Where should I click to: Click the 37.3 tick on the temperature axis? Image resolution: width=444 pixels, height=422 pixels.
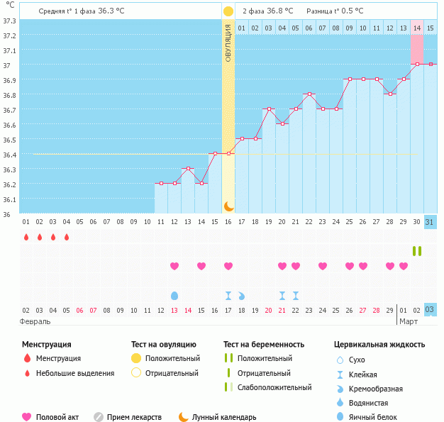coord(9,21)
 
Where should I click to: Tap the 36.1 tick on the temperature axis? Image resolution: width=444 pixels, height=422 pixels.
coord(9,199)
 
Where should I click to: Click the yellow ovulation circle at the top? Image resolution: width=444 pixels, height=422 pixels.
coord(228,11)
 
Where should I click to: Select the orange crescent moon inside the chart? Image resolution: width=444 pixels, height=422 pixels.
coord(228,206)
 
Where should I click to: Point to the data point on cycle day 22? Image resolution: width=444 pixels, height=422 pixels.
coord(309,94)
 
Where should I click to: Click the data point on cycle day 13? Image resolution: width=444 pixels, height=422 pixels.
coord(188,168)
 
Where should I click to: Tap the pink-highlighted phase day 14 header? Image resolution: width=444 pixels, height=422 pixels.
coord(417,28)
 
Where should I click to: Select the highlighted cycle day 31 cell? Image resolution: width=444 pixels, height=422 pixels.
coord(430,222)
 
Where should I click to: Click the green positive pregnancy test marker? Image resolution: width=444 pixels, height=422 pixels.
coord(417,251)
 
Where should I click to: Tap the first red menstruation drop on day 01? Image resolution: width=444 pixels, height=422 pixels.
coord(26,237)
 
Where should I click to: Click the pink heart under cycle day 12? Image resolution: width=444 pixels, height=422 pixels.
coord(174,266)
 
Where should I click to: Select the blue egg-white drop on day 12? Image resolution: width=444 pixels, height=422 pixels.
coord(174,295)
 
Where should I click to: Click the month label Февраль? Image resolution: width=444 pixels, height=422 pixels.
coord(36,321)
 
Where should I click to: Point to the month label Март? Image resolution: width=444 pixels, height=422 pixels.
coord(408,321)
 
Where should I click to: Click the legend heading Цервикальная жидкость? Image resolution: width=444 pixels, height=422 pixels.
coord(379,345)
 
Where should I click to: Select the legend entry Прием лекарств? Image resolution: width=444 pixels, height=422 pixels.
coord(134,417)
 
